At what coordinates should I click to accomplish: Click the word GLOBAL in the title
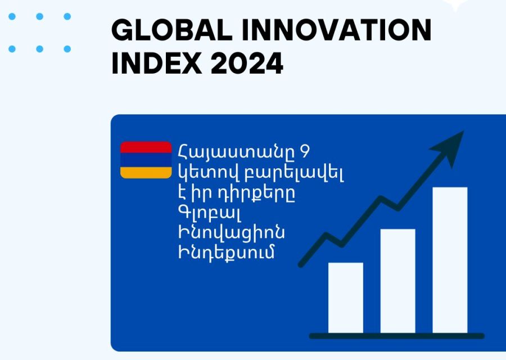[171, 30]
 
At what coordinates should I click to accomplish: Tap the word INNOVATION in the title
[337, 30]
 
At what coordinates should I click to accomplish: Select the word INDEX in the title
[156, 64]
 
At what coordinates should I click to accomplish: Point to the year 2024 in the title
[247, 64]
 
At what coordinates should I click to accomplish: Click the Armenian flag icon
[146, 160]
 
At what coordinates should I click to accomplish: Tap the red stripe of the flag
[146, 147]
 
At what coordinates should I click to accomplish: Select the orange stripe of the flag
[146, 173]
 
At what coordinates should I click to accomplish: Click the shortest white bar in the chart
[346, 298]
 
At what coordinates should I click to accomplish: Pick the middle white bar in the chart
[397, 281]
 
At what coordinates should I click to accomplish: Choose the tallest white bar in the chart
[450, 260]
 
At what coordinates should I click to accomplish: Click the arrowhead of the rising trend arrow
[450, 147]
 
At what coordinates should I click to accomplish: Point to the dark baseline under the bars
[396, 336]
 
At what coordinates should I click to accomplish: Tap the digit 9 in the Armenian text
[304, 151]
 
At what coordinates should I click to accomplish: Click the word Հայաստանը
[236, 152]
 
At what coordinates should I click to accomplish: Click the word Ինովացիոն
[232, 233]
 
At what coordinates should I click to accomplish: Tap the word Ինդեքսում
[226, 252]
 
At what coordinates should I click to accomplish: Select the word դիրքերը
[252, 195]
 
